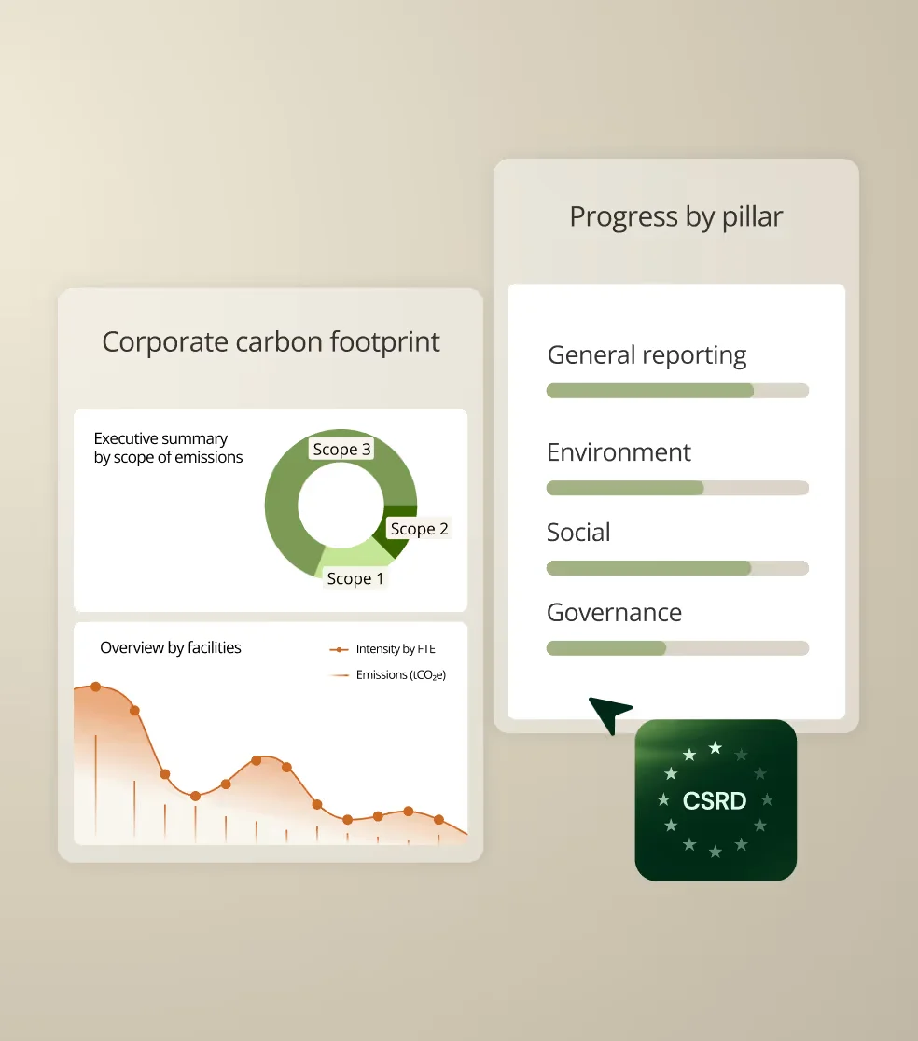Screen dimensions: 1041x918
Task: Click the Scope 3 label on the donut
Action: (x=341, y=450)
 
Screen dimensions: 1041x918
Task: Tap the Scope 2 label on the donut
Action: (x=419, y=529)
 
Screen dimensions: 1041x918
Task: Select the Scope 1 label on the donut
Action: (x=355, y=579)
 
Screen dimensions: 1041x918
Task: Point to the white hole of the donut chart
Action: (x=341, y=505)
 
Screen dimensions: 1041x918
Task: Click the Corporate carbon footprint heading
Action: (x=271, y=341)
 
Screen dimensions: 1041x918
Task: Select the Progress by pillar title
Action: (x=675, y=216)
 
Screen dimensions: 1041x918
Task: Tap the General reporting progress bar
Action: (x=676, y=391)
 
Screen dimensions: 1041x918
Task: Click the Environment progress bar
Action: (x=676, y=488)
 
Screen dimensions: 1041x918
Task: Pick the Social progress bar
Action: (x=676, y=568)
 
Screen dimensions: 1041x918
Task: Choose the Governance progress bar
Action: (x=676, y=648)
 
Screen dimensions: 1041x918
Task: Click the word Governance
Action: (x=614, y=613)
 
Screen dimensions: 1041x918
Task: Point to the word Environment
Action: (x=619, y=452)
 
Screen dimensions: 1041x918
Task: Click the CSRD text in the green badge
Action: (x=715, y=800)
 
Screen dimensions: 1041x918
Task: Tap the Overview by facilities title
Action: (x=171, y=647)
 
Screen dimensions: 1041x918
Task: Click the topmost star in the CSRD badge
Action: (x=716, y=747)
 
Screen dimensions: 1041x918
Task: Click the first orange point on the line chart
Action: (x=95, y=687)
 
